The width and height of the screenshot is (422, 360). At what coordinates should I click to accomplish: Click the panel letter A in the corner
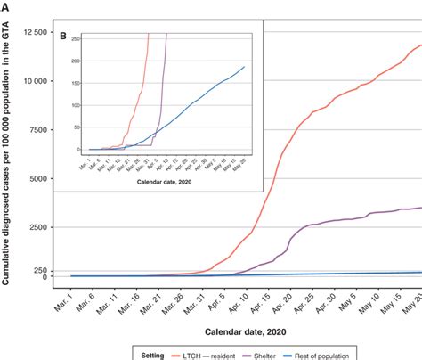coord(6,6)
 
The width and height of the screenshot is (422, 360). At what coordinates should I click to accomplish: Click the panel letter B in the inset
coord(63,37)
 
